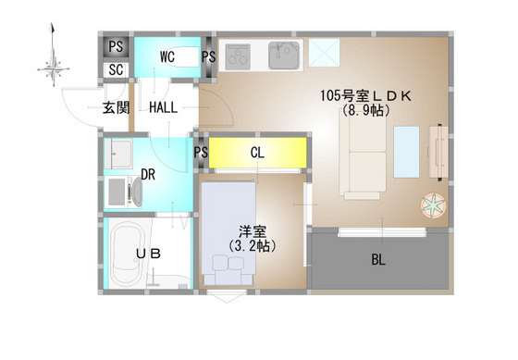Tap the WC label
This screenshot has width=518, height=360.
tap(167, 56)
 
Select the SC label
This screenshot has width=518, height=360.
tap(117, 69)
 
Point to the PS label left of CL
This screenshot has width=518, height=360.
tap(201, 154)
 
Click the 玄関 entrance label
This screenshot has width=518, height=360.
tap(115, 109)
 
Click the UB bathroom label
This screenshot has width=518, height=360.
tap(148, 253)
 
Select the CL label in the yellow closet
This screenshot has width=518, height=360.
tap(258, 154)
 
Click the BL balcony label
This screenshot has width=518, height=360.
tap(378, 260)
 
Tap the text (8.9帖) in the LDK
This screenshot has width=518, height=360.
tap(365, 110)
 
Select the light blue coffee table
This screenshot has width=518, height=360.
tap(406, 151)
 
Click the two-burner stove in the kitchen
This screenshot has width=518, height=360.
tap(239, 56)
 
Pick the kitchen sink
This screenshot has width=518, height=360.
tap(281, 56)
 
